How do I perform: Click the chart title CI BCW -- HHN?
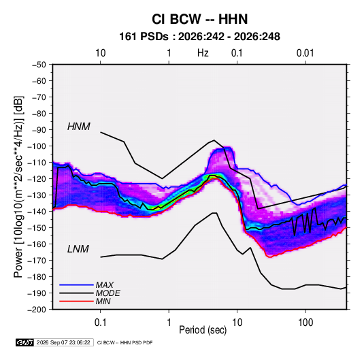click(x=199, y=19)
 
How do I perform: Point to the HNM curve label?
click(x=79, y=127)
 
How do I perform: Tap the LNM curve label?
click(x=78, y=249)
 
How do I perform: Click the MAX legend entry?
click(x=105, y=285)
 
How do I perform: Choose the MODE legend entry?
click(x=107, y=293)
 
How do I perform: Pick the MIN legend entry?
click(x=103, y=301)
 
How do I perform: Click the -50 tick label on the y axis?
click(x=39, y=65)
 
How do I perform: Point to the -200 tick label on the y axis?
click(x=37, y=310)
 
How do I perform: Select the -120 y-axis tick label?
click(x=37, y=179)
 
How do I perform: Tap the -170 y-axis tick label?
click(x=37, y=261)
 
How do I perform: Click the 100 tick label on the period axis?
click(x=305, y=323)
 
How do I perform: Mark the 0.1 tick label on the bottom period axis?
click(x=100, y=323)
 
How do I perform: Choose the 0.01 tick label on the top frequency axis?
click(x=305, y=53)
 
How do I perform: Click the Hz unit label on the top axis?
click(x=203, y=53)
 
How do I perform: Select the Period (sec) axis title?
click(x=203, y=330)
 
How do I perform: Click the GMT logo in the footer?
click(x=25, y=342)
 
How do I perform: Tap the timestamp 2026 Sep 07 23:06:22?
click(x=63, y=342)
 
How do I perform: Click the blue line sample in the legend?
click(x=76, y=285)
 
